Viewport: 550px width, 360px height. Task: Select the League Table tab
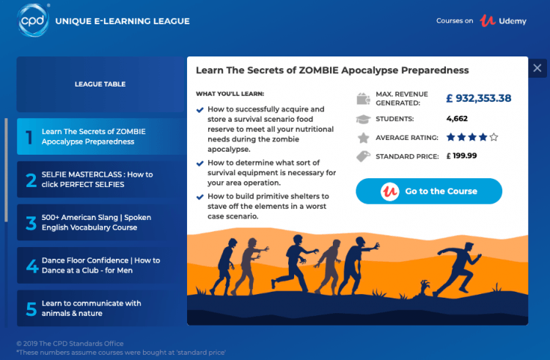(100, 84)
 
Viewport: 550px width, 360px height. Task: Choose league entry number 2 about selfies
(100, 180)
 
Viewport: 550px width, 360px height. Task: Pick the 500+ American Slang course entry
(100, 223)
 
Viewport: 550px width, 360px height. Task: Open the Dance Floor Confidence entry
(100, 265)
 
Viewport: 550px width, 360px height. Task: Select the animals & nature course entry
(100, 308)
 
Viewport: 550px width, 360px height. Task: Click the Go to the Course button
(429, 191)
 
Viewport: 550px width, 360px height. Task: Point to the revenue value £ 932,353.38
(478, 98)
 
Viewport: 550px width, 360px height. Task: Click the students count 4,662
(457, 118)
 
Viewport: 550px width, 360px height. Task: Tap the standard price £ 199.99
(461, 155)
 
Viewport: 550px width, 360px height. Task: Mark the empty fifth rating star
(494, 137)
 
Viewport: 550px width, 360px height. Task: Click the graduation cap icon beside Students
(362, 119)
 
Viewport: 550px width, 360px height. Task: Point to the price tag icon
(362, 156)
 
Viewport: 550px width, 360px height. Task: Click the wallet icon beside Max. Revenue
(362, 98)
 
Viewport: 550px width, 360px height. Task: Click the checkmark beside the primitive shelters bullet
(200, 196)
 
